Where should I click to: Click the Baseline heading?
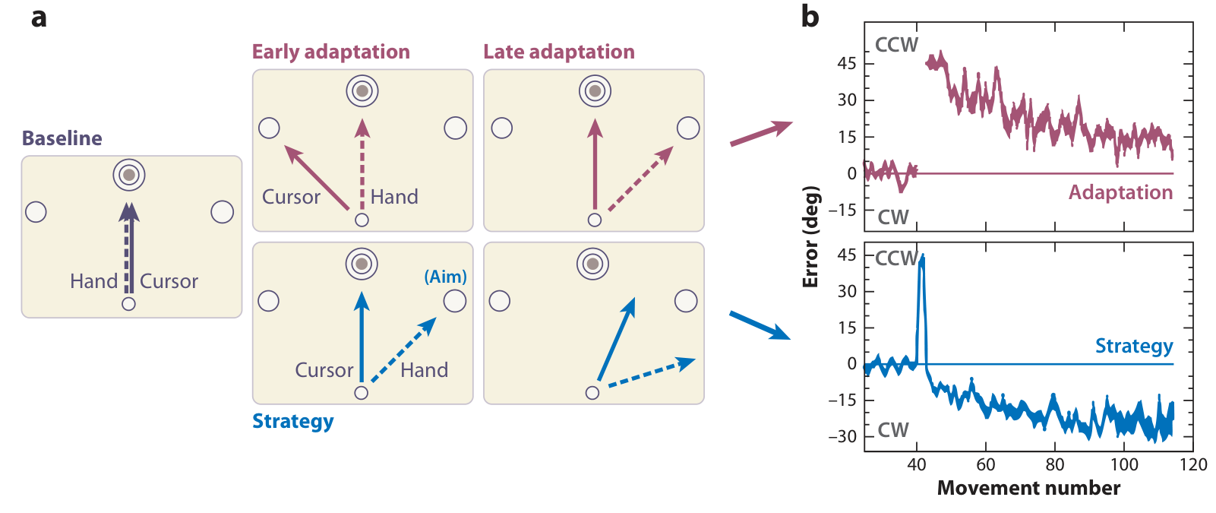[62, 138]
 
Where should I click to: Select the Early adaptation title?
[331, 52]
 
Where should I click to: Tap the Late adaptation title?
[559, 52]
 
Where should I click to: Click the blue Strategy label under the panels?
[293, 422]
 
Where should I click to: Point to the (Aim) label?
[445, 277]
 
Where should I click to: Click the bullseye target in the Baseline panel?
[128, 175]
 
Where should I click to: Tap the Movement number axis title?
[1028, 488]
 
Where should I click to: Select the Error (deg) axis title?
[810, 236]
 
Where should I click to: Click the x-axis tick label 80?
[1055, 464]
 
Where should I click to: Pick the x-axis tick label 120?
[1192, 464]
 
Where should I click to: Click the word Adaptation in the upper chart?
[1120, 192]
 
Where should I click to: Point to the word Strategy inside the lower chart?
[1134, 346]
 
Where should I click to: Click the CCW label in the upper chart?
[897, 45]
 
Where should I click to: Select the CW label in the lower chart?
[893, 430]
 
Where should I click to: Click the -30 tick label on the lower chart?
[843, 436]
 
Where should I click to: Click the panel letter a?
[39, 18]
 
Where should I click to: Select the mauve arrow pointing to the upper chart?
[761, 134]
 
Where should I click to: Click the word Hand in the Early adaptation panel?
[394, 197]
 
